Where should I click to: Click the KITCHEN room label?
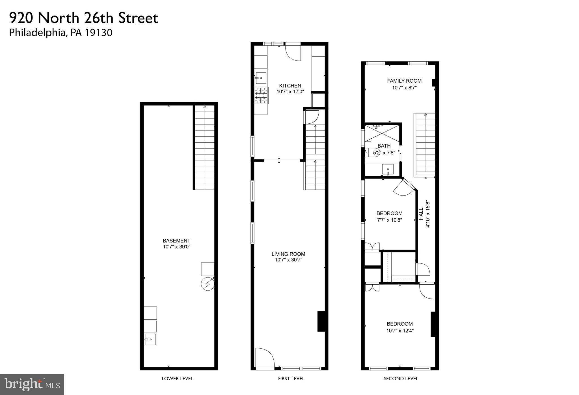tap(290, 86)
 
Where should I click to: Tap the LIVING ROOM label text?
tap(288, 254)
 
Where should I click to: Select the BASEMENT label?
tap(176, 241)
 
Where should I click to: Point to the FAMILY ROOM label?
tap(404, 81)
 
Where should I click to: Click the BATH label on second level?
tap(384, 146)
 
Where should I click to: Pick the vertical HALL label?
tap(421, 214)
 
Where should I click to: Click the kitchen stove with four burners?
tap(261, 95)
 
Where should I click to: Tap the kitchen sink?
tap(261, 78)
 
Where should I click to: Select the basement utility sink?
tap(150, 339)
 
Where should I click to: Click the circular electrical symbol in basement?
tap(207, 284)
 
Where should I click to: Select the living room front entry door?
tap(265, 358)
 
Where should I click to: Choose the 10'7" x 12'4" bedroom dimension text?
tap(400, 331)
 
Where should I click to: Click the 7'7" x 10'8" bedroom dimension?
tap(390, 220)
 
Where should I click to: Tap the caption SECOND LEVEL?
tap(401, 379)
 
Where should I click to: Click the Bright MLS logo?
tap(32, 384)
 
